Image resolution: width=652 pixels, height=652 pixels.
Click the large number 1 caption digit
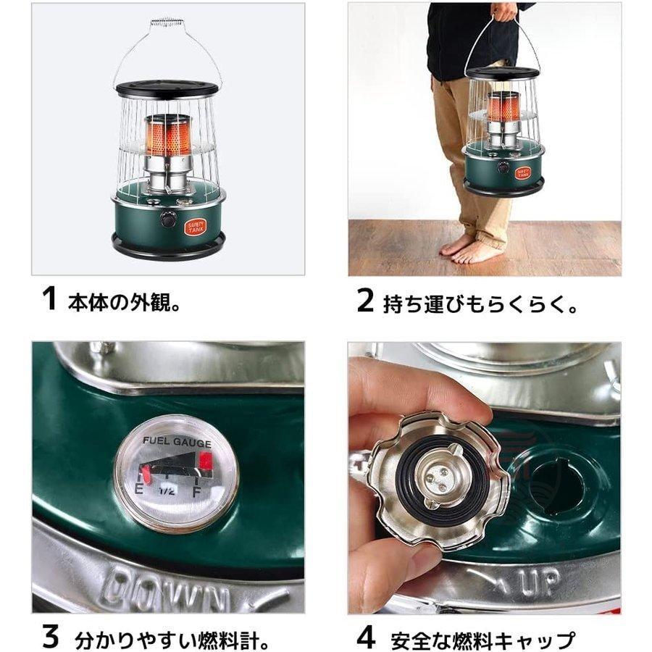[x=49, y=298]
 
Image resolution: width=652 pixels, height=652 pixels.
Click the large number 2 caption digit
[x=365, y=299]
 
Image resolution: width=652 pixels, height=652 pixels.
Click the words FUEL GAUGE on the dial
[x=177, y=441]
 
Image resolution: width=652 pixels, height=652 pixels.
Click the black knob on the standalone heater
[x=168, y=218]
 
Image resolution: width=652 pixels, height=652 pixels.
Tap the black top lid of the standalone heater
[x=167, y=89]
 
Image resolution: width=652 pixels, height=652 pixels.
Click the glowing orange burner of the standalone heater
[x=167, y=135]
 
